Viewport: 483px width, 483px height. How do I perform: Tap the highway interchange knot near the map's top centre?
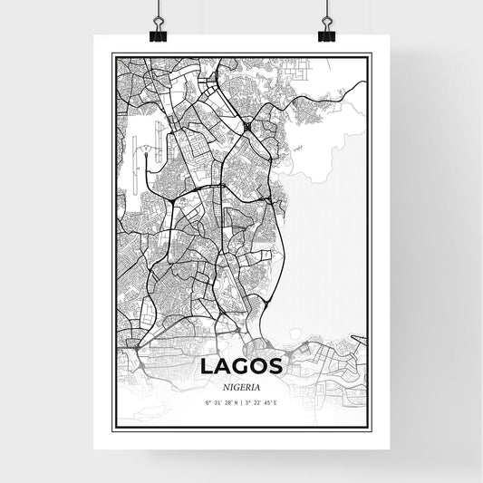247,126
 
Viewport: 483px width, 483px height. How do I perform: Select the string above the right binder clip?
324,9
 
